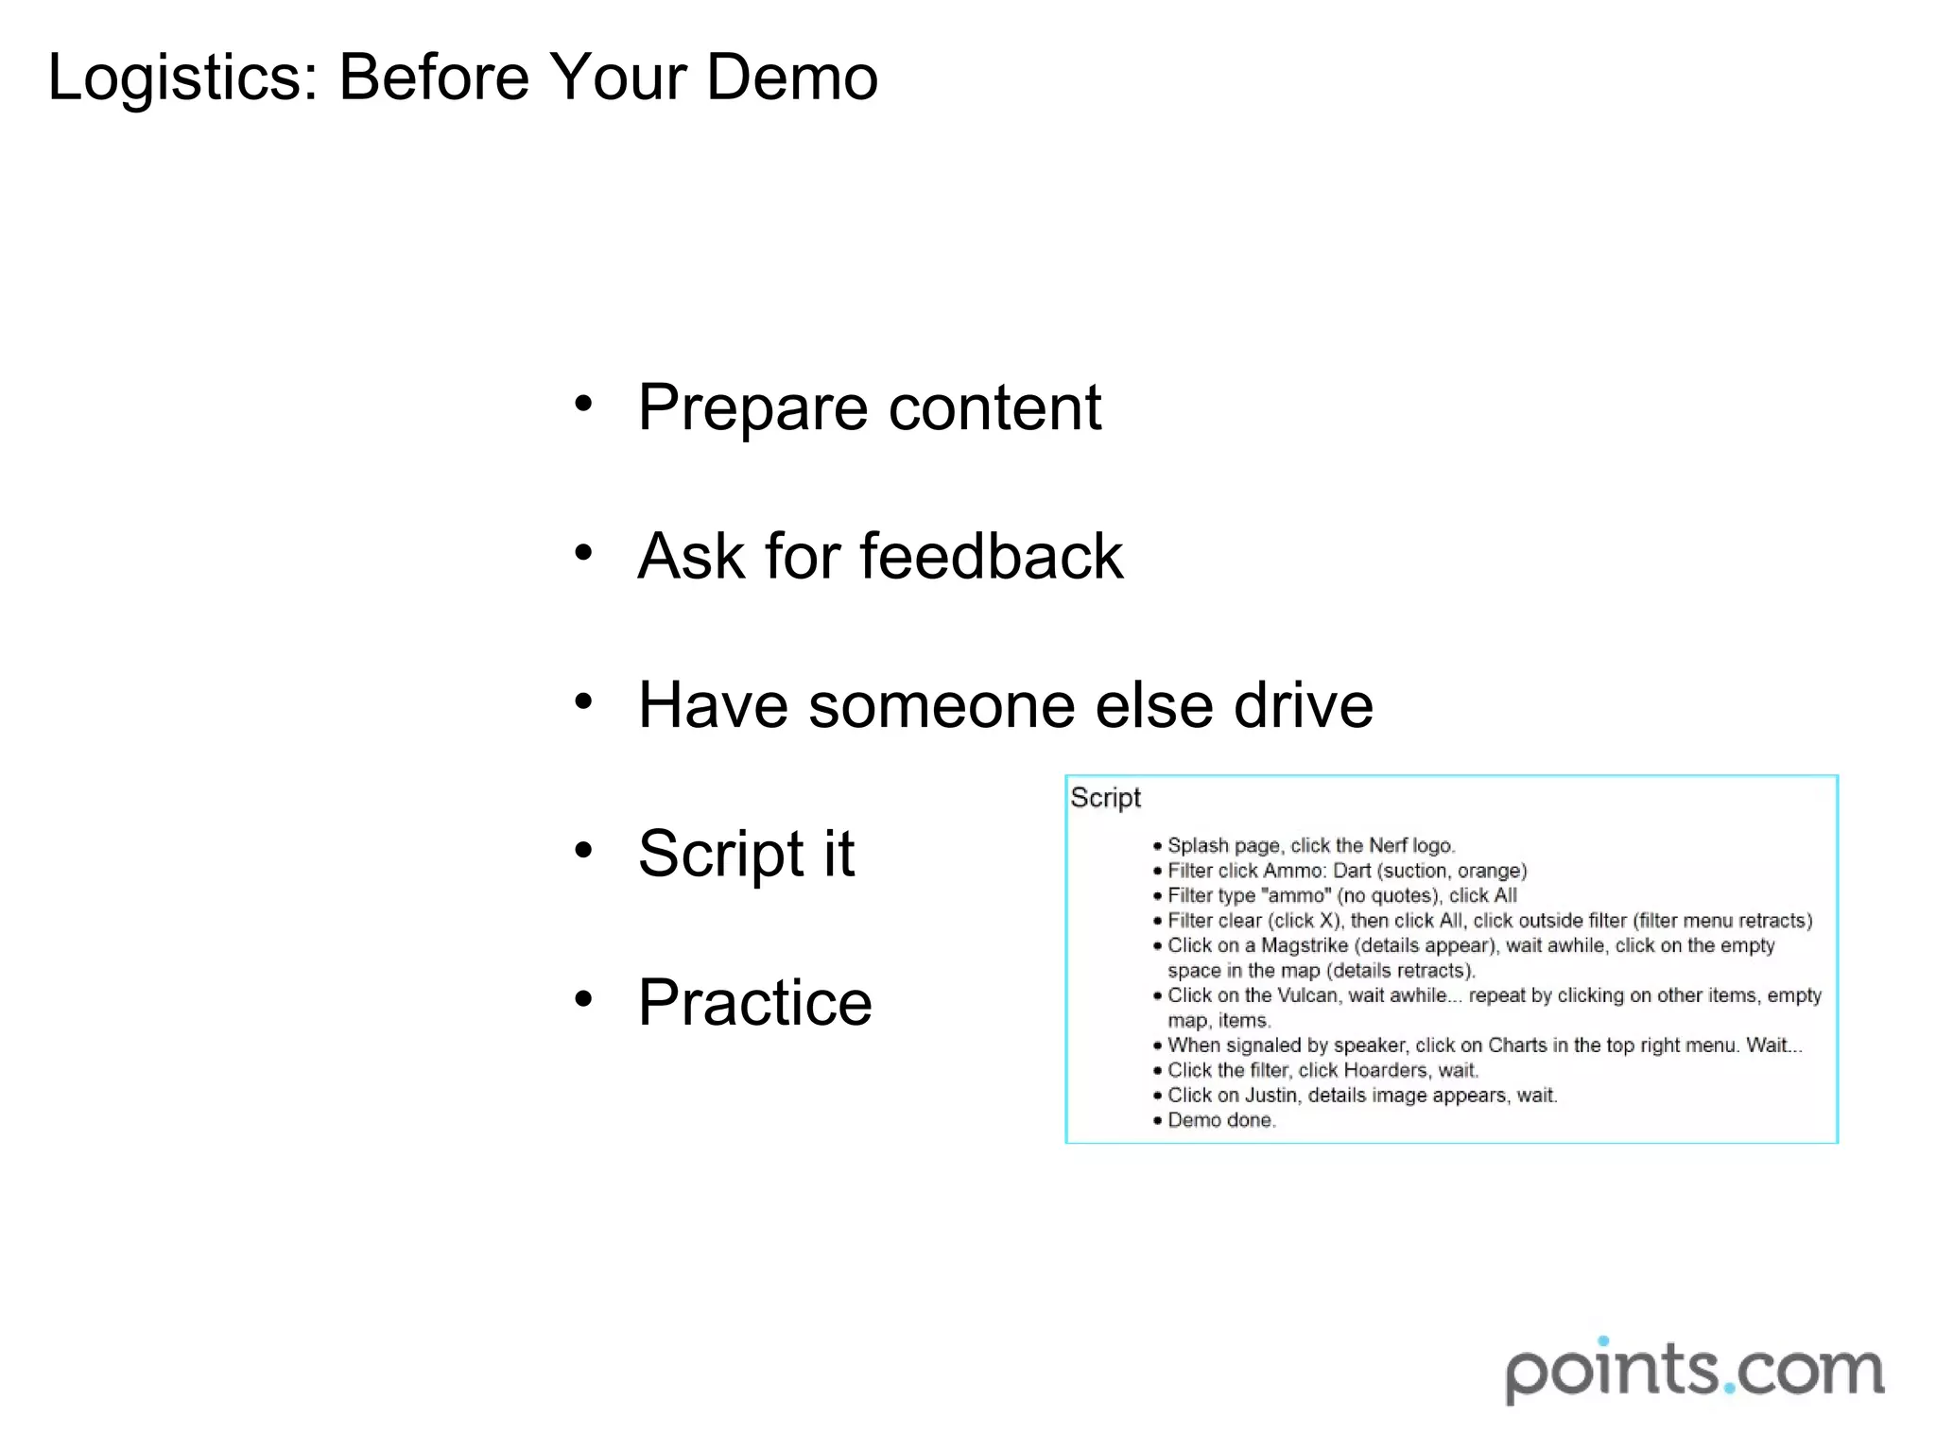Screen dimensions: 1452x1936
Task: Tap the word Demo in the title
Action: point(792,78)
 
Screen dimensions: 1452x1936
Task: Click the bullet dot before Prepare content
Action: point(583,404)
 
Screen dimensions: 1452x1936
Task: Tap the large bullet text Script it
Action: point(746,854)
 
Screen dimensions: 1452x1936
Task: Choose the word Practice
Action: point(754,1002)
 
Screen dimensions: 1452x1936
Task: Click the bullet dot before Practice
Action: point(583,998)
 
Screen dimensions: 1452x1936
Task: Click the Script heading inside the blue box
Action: point(1104,799)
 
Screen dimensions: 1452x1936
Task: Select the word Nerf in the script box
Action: point(1388,845)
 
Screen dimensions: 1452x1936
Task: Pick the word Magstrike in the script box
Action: point(1304,945)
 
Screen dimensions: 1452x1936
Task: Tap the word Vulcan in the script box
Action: point(1307,995)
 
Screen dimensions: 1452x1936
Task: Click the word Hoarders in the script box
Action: point(1385,1070)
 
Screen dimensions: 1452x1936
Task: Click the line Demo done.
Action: point(1220,1120)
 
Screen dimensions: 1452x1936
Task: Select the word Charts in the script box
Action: point(1517,1046)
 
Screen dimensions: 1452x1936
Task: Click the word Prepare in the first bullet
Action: point(752,408)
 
